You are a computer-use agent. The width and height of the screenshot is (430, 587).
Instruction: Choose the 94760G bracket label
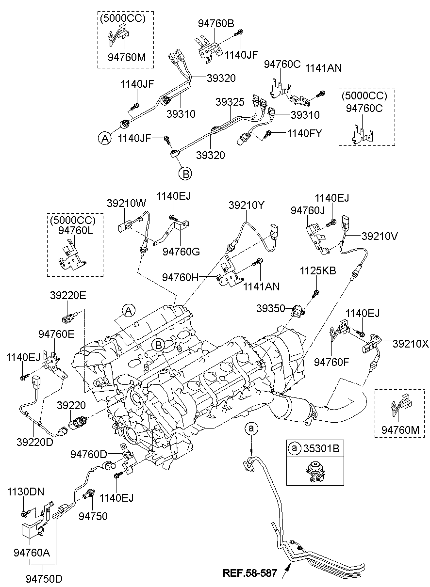pyautogui.click(x=181, y=251)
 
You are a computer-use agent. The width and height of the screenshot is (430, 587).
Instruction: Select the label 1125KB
pyautogui.click(x=317, y=270)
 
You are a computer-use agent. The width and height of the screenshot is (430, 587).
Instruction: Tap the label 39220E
pyautogui.click(x=68, y=295)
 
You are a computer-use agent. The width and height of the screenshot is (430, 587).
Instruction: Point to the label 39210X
pyautogui.click(x=411, y=344)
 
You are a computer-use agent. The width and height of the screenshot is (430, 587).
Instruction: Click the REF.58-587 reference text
pyautogui.click(x=249, y=573)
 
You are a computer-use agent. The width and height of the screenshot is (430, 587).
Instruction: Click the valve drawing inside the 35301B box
pyautogui.click(x=312, y=470)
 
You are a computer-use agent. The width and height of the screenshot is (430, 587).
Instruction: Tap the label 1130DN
pyautogui.click(x=25, y=492)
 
